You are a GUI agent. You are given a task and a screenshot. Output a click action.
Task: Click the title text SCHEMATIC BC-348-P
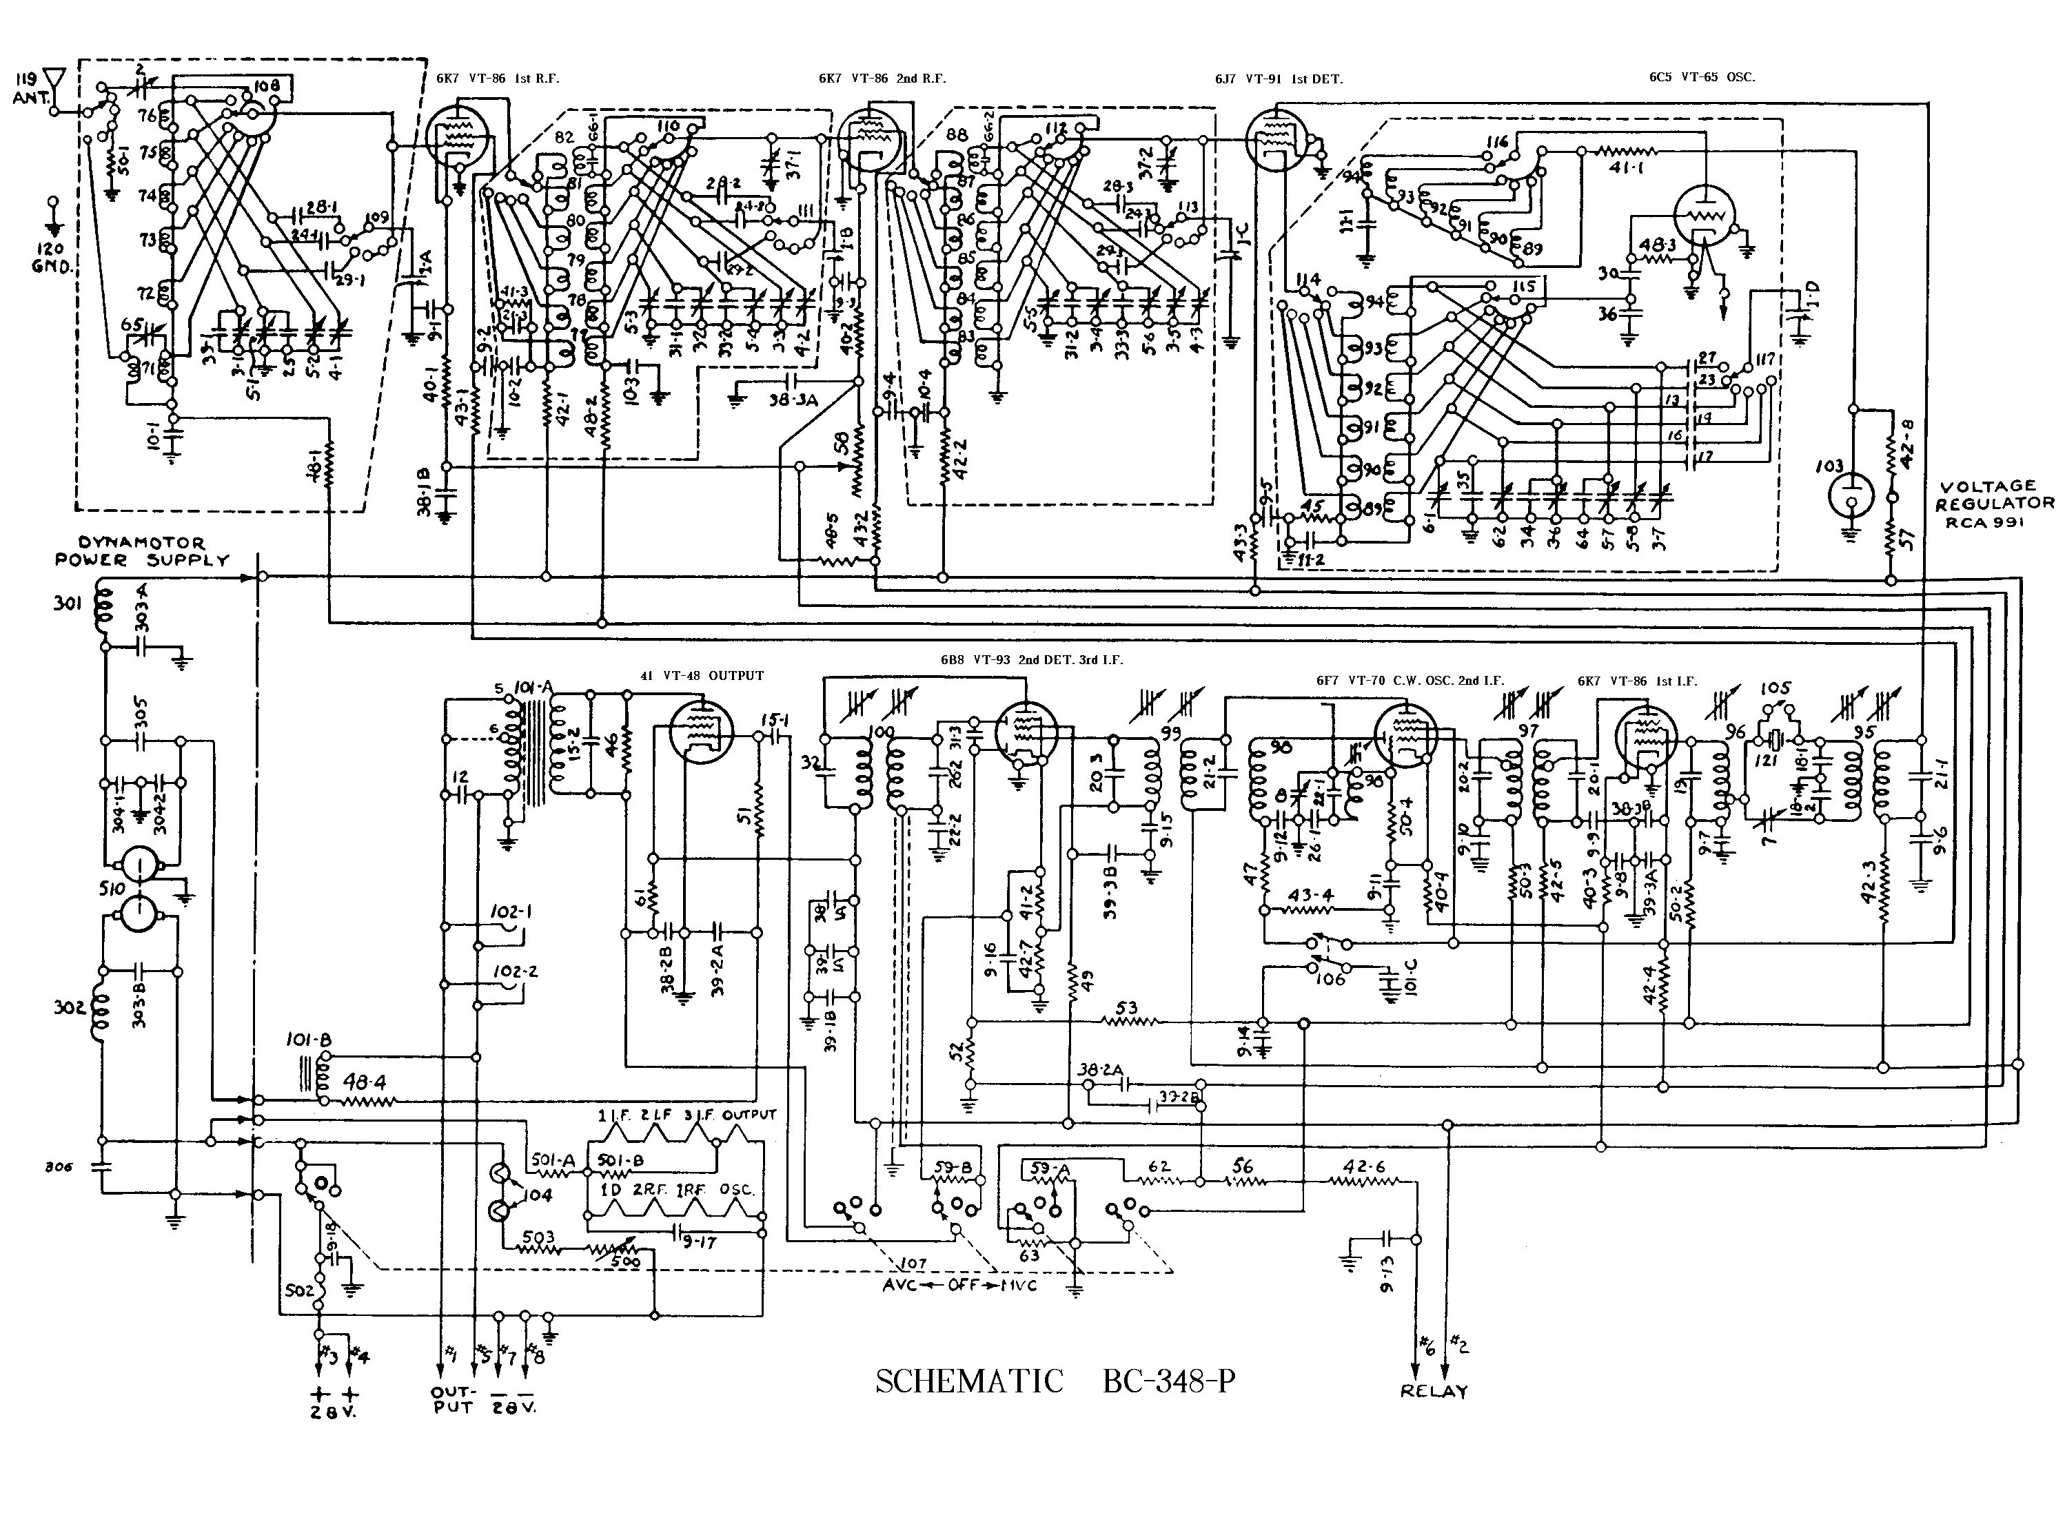1055,1380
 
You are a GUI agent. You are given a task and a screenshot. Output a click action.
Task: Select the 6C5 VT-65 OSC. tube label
1701,77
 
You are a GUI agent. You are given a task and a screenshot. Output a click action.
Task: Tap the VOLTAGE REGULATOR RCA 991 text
1995,504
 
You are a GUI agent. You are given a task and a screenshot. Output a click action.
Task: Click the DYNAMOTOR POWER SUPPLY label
142,551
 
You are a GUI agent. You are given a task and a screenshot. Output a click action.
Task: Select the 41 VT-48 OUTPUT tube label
702,676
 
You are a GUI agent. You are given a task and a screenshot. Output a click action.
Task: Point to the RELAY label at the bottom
1434,1390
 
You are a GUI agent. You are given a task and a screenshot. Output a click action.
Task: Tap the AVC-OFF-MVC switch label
959,1285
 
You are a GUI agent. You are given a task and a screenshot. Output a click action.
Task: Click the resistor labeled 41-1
1627,152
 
